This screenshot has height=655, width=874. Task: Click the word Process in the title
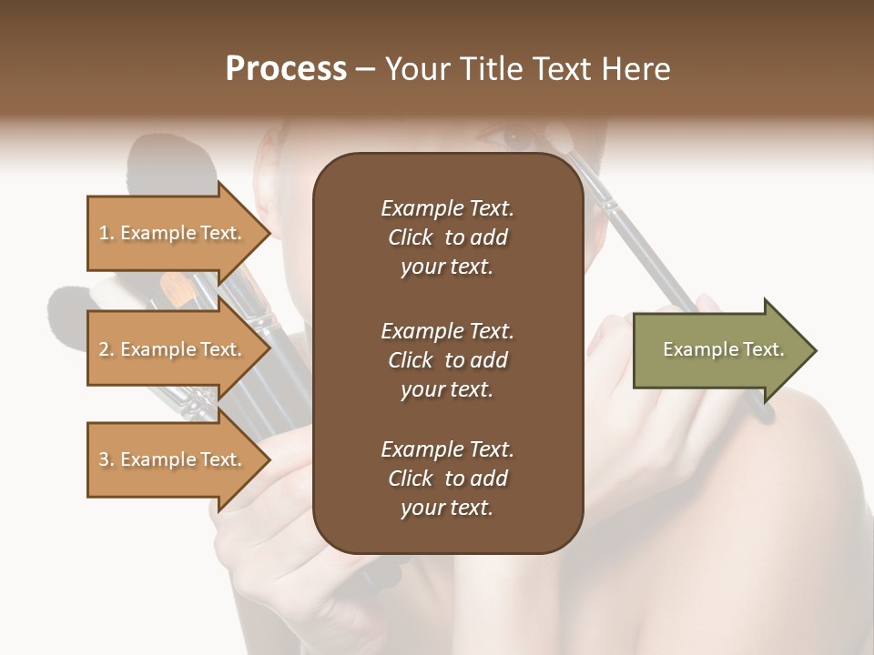[286, 69]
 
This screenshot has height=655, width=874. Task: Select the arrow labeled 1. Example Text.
[173, 233]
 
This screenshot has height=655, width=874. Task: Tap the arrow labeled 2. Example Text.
[173, 349]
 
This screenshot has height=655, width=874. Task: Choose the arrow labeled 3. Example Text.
[173, 459]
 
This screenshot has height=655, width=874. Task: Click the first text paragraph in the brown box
[447, 237]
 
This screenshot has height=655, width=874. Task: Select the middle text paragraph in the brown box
[447, 359]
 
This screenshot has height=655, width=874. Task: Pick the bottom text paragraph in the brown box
[447, 479]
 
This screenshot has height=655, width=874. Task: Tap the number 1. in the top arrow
[107, 233]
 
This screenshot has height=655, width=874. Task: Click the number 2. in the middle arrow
[107, 349]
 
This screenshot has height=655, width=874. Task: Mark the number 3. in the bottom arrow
[107, 459]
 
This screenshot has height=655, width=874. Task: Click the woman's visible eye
[517, 138]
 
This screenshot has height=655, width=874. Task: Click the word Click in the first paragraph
[410, 237]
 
